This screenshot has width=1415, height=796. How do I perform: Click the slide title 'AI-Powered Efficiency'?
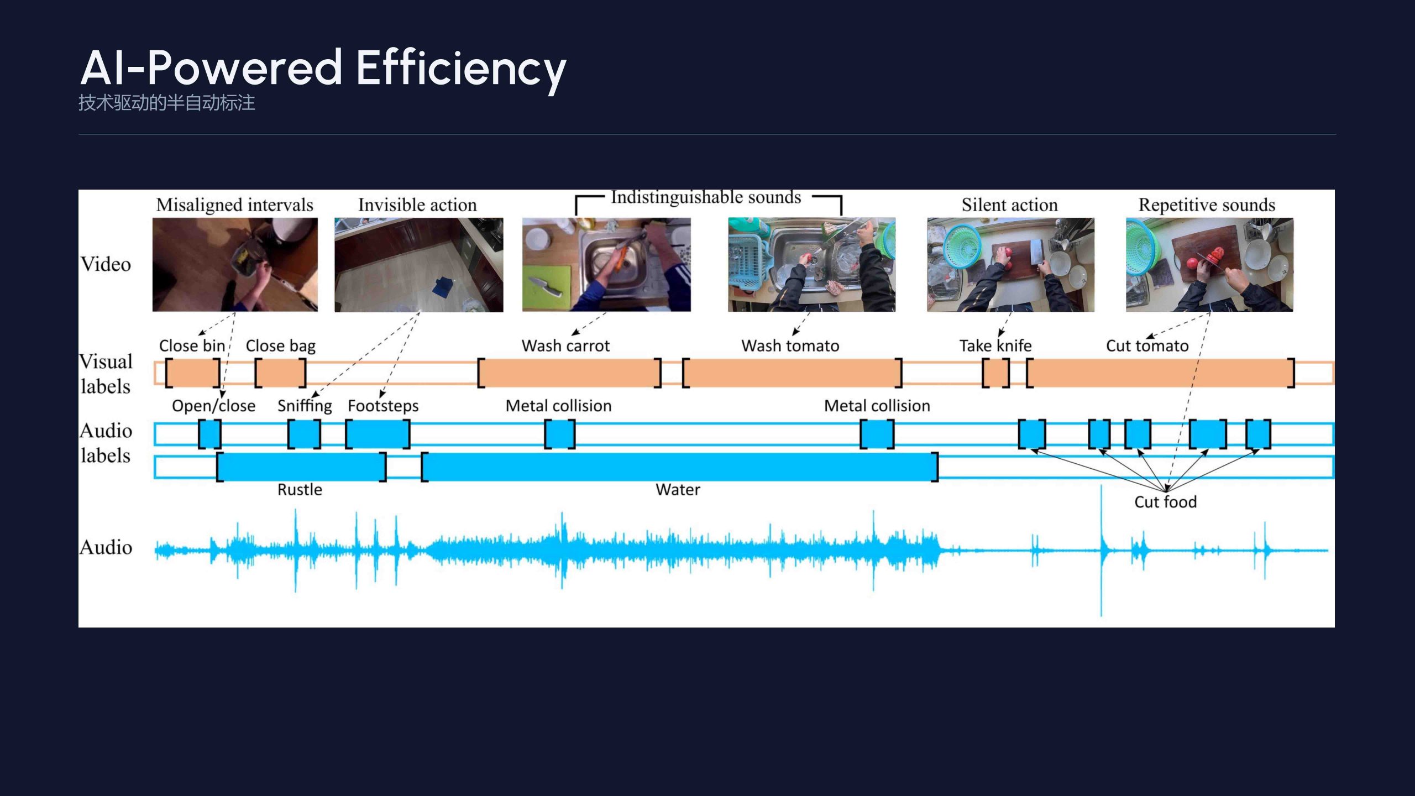pos(323,69)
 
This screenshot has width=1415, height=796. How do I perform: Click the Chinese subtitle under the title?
pos(166,103)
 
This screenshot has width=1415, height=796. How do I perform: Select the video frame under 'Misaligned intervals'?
pos(235,264)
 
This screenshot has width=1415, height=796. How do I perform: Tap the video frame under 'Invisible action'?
pos(419,265)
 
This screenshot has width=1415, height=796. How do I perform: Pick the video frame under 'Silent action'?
pos(1010,265)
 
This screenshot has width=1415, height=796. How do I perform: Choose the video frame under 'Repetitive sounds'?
pos(1209,265)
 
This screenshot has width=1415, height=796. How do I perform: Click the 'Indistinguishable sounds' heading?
pos(706,197)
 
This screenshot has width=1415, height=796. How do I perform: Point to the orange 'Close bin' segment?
pos(192,373)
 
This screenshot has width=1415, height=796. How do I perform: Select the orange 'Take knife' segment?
pos(995,373)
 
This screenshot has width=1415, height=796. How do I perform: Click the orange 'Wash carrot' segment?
pos(569,373)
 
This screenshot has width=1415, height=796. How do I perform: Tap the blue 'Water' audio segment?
pos(680,467)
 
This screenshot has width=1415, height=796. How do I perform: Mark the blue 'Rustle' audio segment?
pos(301,467)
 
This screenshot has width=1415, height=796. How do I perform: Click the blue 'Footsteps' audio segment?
pos(378,434)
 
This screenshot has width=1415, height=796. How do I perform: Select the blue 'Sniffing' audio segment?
pos(304,434)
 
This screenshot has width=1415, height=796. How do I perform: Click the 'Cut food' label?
pos(1165,502)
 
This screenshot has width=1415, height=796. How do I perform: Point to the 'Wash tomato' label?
pos(790,346)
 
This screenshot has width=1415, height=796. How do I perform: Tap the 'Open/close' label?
pos(213,406)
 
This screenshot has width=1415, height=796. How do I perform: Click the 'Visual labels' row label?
pos(106,374)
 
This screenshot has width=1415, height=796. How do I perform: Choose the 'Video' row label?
pos(106,264)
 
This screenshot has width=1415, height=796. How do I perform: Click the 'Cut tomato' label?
pos(1147,346)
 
